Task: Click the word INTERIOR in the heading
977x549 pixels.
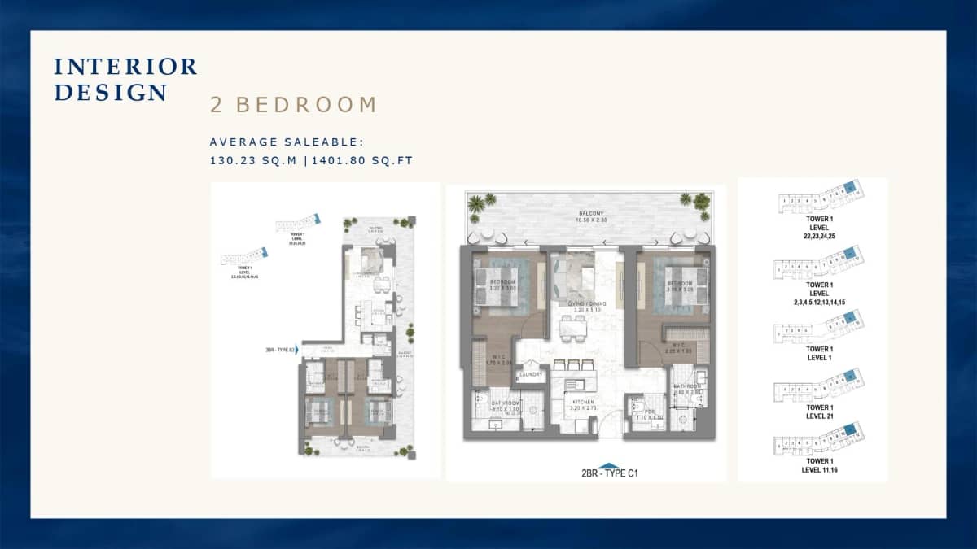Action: [x=125, y=67]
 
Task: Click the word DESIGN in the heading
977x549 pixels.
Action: [x=111, y=93]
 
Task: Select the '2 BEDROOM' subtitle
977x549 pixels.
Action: [x=294, y=105]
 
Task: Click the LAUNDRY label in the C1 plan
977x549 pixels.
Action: [x=531, y=374]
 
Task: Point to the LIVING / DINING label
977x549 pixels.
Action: [x=585, y=305]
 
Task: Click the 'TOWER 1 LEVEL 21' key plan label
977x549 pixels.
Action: [x=818, y=412]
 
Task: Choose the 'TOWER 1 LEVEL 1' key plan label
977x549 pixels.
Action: [x=818, y=353]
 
